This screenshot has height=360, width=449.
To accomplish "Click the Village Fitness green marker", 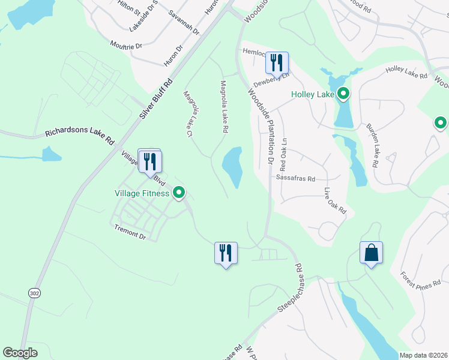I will pyautogui.click(x=178, y=193).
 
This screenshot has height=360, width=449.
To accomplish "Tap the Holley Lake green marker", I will pyautogui.click(x=343, y=94).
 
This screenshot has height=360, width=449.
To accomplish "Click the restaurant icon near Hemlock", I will pyautogui.click(x=277, y=62).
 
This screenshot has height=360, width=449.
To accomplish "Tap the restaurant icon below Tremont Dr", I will pyautogui.click(x=226, y=253).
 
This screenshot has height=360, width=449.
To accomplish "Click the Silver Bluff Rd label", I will pyautogui.click(x=157, y=98).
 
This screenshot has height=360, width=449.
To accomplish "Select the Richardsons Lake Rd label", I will pyautogui.click(x=79, y=137).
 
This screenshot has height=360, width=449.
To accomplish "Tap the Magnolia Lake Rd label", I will pyautogui.click(x=224, y=107).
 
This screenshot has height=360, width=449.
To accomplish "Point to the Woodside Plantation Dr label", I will pyautogui.click(x=261, y=126).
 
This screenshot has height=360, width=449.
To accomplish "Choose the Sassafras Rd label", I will pyautogui.click(x=295, y=178).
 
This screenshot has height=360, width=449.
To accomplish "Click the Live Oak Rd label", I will pyautogui.click(x=336, y=202).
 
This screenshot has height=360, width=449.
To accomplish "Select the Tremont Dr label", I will pyautogui.click(x=130, y=232).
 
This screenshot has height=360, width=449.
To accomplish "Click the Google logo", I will pyautogui.click(x=20, y=353).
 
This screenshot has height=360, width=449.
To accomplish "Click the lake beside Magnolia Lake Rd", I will pyautogui.click(x=233, y=167).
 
